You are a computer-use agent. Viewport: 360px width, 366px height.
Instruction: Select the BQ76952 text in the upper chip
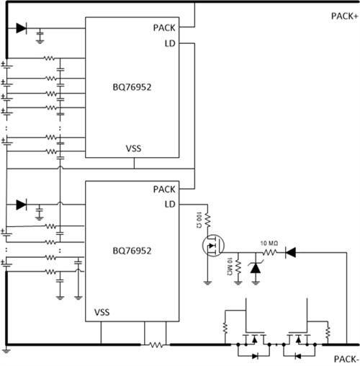pyautogui.click(x=132, y=84)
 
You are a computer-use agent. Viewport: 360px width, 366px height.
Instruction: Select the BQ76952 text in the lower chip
pyautogui.click(x=132, y=251)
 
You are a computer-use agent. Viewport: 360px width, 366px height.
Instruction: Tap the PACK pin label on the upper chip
pyautogui.click(x=165, y=28)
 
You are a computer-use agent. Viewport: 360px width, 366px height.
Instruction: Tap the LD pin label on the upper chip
pyautogui.click(x=171, y=43)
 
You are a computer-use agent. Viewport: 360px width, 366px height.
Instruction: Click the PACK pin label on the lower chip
pyautogui.click(x=165, y=189)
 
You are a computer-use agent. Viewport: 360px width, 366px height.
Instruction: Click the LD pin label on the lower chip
pyautogui.click(x=171, y=205)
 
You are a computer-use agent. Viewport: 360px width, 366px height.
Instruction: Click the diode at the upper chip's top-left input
pyautogui.click(x=21, y=29)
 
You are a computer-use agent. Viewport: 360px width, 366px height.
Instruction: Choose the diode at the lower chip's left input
pyautogui.click(x=21, y=205)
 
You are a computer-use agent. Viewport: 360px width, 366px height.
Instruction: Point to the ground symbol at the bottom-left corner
pyautogui.click(x=6, y=352)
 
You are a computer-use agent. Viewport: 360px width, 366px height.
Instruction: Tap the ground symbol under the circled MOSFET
pyautogui.click(x=207, y=282)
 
